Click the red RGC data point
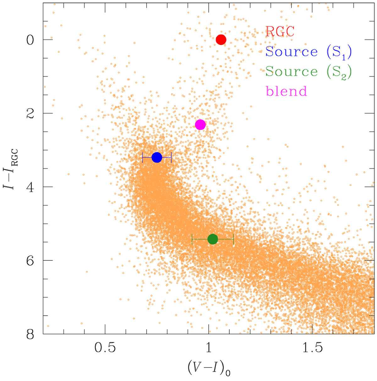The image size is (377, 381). pos(221,40)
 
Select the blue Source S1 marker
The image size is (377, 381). pos(157,157)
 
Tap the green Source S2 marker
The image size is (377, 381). pos(213,239)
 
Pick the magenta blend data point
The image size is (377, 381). pos(200,125)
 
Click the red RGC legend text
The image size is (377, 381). pos(280,31)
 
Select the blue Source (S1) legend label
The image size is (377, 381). pos(308,52)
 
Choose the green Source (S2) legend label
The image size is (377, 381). pos(308,72)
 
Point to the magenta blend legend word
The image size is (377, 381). pos(286,91)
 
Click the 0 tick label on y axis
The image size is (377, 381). pos(30,40)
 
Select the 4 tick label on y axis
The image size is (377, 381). pos(30,187)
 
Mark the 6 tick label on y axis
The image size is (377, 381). pos(30,260)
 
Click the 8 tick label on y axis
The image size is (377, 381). pos(30,334)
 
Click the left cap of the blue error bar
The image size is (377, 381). pos(143,157)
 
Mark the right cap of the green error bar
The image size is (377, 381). pos(233,239)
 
